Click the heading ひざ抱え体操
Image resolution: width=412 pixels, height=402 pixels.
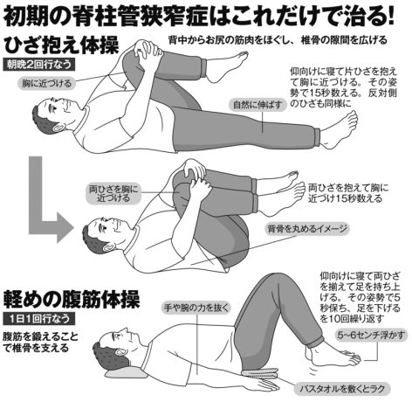62,45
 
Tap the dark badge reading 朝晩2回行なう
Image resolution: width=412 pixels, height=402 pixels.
39,65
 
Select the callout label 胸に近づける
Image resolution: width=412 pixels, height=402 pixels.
47,84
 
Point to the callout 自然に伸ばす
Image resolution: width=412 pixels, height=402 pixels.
258,105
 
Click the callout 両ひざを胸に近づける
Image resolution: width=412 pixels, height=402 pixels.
113,193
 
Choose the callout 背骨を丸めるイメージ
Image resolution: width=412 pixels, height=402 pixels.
307,229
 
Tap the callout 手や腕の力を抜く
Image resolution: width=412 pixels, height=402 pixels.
196,308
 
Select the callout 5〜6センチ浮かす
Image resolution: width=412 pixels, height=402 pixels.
371,336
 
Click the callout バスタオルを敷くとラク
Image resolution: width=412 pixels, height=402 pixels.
342,388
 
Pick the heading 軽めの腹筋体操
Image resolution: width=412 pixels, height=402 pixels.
72,300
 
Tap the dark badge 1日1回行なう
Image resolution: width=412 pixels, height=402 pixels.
39,319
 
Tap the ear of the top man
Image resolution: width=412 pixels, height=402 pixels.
59,127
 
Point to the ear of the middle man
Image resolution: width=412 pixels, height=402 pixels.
109,247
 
